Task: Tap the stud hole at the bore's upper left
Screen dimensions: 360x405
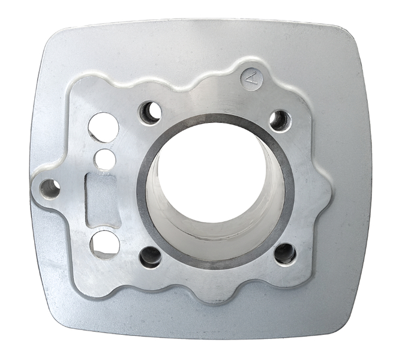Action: [150, 112]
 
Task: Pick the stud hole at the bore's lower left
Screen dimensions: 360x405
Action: [150, 257]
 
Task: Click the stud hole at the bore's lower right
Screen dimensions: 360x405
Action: [285, 253]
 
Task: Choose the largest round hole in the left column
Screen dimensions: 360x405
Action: [103, 127]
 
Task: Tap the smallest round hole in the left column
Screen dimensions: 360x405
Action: [105, 159]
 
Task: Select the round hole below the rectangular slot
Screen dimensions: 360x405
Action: [105, 243]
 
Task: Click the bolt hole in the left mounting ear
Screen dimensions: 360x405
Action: [50, 190]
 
